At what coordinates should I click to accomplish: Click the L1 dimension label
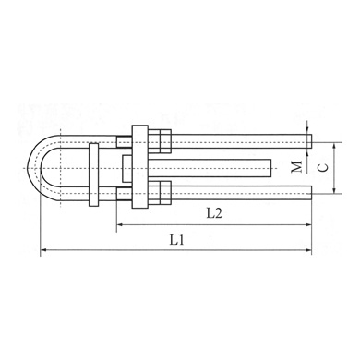pos(177,240)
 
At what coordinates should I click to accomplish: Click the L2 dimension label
pos(214,213)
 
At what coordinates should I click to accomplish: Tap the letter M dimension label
pos(297,166)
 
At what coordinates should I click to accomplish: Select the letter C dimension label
pos(323,168)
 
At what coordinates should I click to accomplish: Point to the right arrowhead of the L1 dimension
pos(308,250)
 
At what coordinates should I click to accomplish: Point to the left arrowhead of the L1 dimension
pos(44,250)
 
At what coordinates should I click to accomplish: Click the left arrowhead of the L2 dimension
pos(120,225)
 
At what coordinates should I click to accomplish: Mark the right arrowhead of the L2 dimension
pos(308,225)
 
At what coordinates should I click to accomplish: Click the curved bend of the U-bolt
pos(34,168)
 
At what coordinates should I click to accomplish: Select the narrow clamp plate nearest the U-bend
pos(94,174)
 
